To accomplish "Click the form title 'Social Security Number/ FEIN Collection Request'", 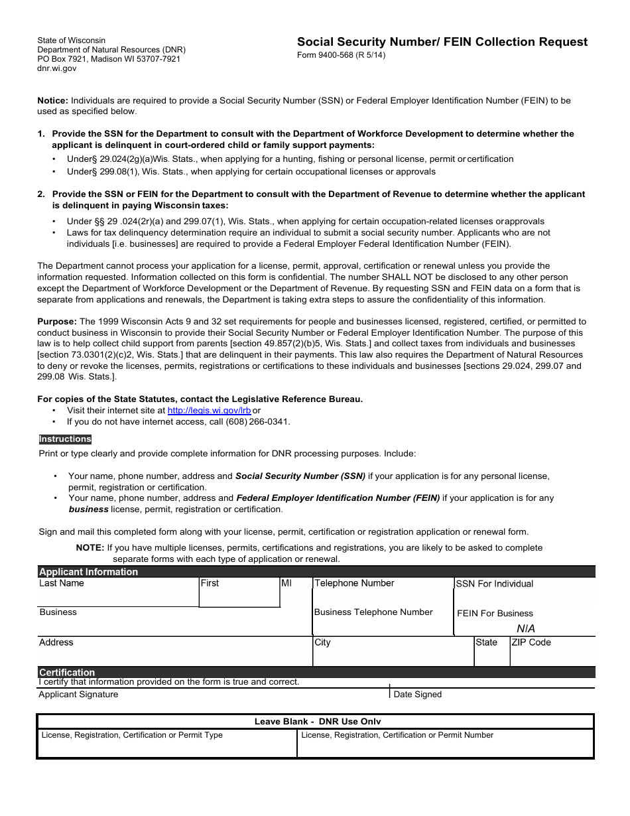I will click(442, 42).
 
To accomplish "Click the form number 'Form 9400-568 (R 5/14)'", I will click(341, 55).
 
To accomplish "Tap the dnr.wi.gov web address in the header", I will click(56, 68).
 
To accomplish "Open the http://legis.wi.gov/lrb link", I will click(209, 411).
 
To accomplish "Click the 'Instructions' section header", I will click(65, 439).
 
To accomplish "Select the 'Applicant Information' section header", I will click(88, 572).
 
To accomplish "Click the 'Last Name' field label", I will click(62, 583).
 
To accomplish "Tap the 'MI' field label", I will click(286, 583).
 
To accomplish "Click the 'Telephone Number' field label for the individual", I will click(354, 583).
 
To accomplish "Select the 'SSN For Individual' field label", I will click(495, 584).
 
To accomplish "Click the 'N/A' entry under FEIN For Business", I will click(525, 628).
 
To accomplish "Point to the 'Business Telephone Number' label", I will click(373, 612).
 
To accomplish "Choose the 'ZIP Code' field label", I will click(531, 642).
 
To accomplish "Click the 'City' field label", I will click(322, 642).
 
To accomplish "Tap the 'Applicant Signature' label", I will click(78, 695).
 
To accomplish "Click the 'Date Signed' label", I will click(417, 695).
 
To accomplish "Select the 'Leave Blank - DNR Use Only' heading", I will click(318, 722).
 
